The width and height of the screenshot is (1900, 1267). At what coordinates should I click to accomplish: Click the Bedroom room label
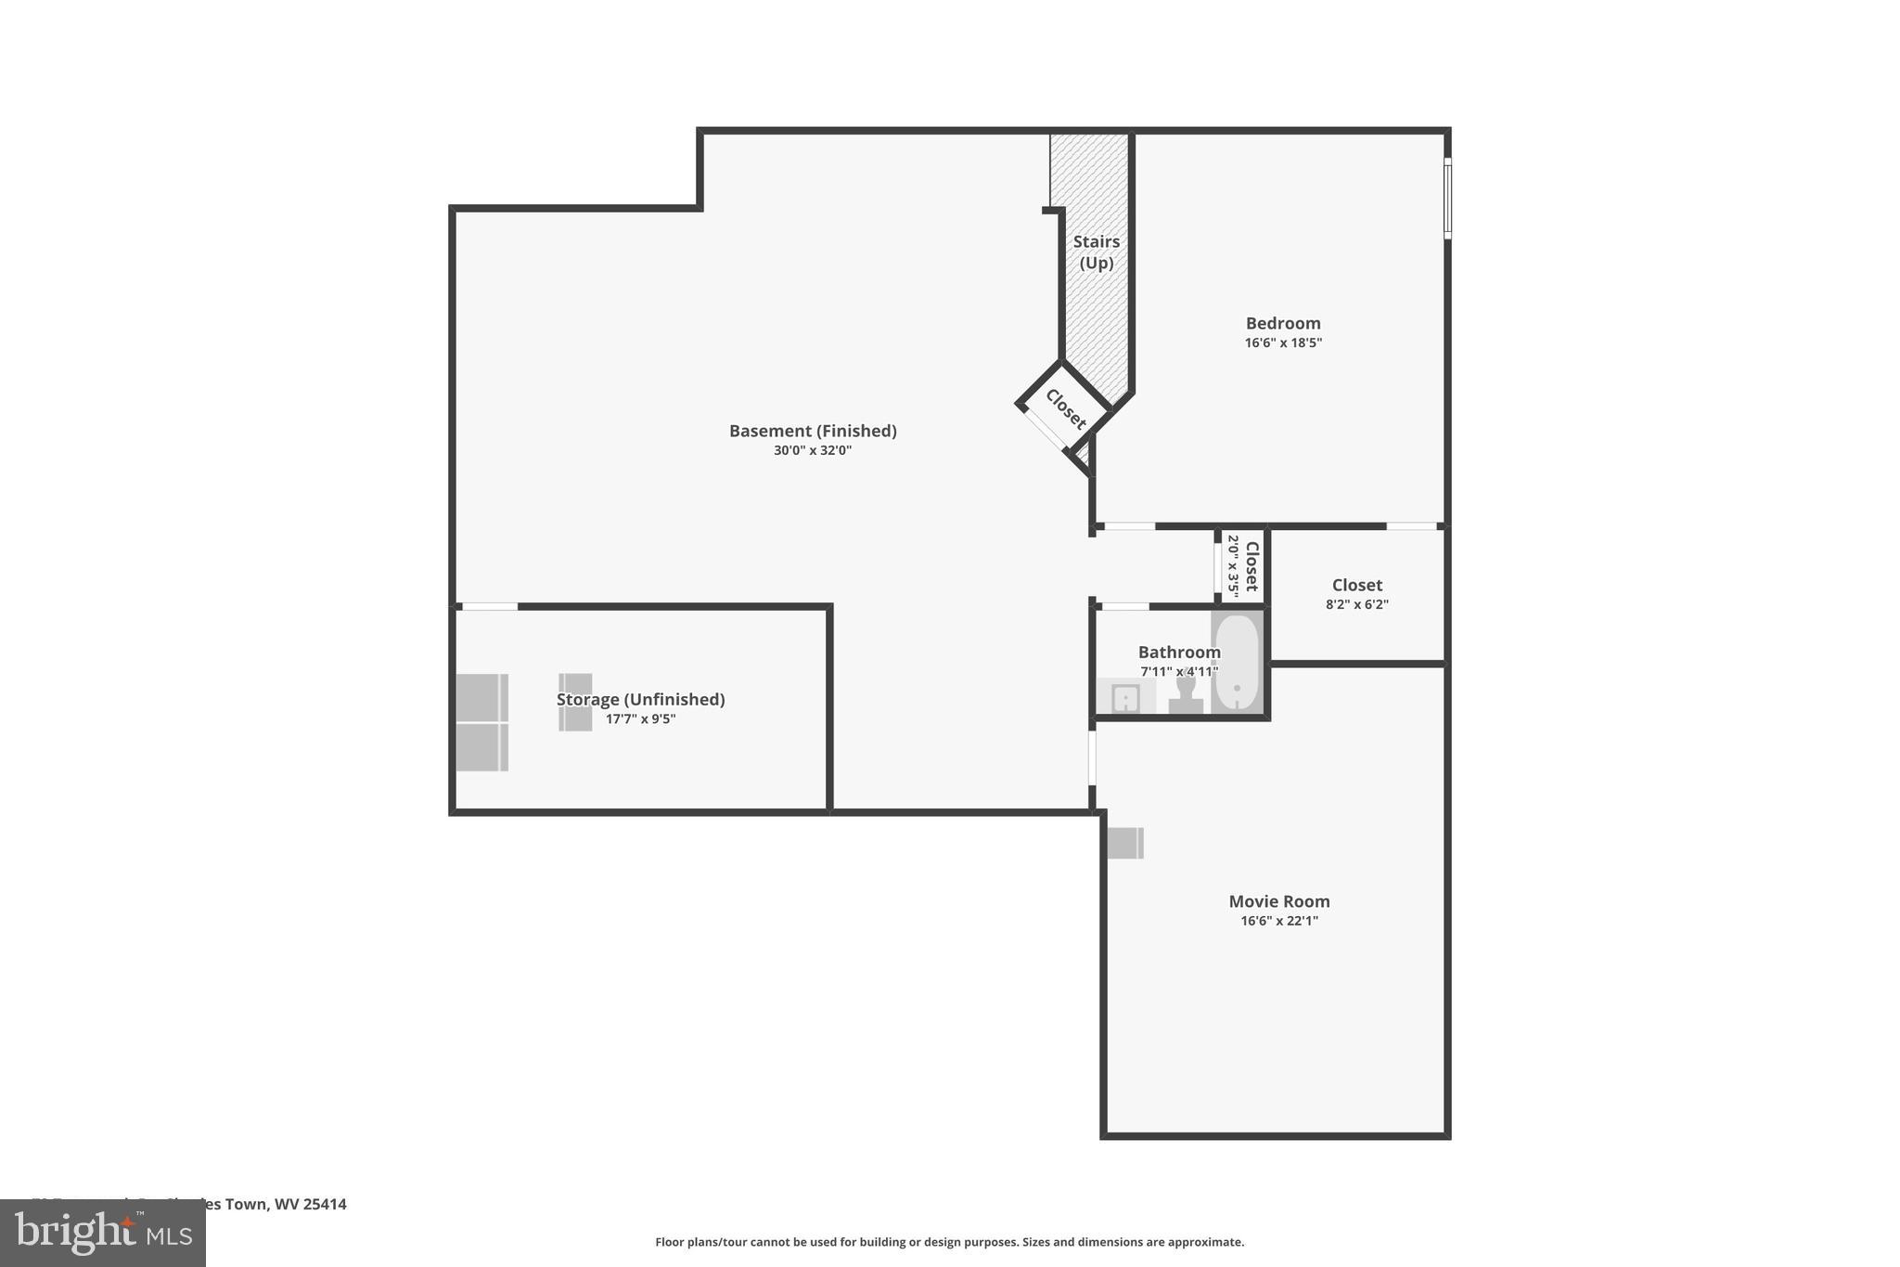[1282, 323]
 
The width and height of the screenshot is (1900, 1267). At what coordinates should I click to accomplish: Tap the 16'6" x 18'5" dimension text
[1282, 343]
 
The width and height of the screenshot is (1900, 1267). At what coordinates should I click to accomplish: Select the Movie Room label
[1278, 901]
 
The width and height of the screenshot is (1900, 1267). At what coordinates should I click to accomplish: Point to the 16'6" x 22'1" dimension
[1278, 921]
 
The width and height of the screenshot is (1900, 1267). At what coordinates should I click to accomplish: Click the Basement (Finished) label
[812, 431]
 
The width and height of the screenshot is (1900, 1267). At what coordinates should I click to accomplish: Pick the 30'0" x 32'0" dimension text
[812, 451]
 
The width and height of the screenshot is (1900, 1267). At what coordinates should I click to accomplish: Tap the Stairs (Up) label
[1096, 252]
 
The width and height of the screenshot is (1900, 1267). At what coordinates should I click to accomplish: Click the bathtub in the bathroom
[1236, 663]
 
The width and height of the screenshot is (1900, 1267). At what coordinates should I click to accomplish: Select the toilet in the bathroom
[1185, 696]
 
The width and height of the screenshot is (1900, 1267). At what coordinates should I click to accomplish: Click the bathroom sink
[1124, 697]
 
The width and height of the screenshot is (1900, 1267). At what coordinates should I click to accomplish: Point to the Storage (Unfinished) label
[640, 699]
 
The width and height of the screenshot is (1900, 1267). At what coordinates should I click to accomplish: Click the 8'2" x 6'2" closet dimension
[1356, 604]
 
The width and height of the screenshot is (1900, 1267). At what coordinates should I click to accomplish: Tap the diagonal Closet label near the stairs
[1065, 409]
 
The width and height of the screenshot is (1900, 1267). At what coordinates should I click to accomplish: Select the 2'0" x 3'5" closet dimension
[1233, 565]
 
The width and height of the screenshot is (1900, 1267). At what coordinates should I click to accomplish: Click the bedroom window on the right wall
[1446, 199]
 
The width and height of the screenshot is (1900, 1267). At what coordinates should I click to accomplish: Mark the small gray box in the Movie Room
[1124, 843]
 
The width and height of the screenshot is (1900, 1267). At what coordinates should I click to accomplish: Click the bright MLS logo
[102, 1234]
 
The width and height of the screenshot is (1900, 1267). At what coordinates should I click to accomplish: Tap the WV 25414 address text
[310, 1204]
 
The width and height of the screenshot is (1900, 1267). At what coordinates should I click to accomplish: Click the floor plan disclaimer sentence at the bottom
[949, 1242]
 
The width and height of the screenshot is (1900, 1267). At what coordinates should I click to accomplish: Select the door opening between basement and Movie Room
[1092, 757]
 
